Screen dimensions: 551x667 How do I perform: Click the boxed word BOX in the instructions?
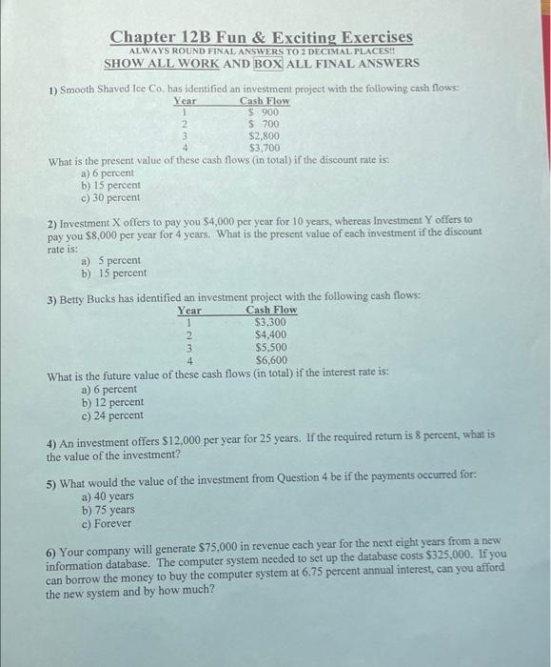pyautogui.click(x=266, y=63)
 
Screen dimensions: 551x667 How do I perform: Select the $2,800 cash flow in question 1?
pyautogui.click(x=264, y=135)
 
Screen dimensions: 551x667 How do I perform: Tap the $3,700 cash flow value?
pyautogui.click(x=264, y=148)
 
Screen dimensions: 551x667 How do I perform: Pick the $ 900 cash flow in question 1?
pyautogui.click(x=263, y=111)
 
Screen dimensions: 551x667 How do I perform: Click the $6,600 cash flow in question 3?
pyautogui.click(x=271, y=361)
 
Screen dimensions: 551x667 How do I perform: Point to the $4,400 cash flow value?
pyautogui.click(x=271, y=335)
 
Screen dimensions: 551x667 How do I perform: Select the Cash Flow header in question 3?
pyautogui.click(x=271, y=310)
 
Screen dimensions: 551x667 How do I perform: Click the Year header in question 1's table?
pyautogui.click(x=185, y=100)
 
